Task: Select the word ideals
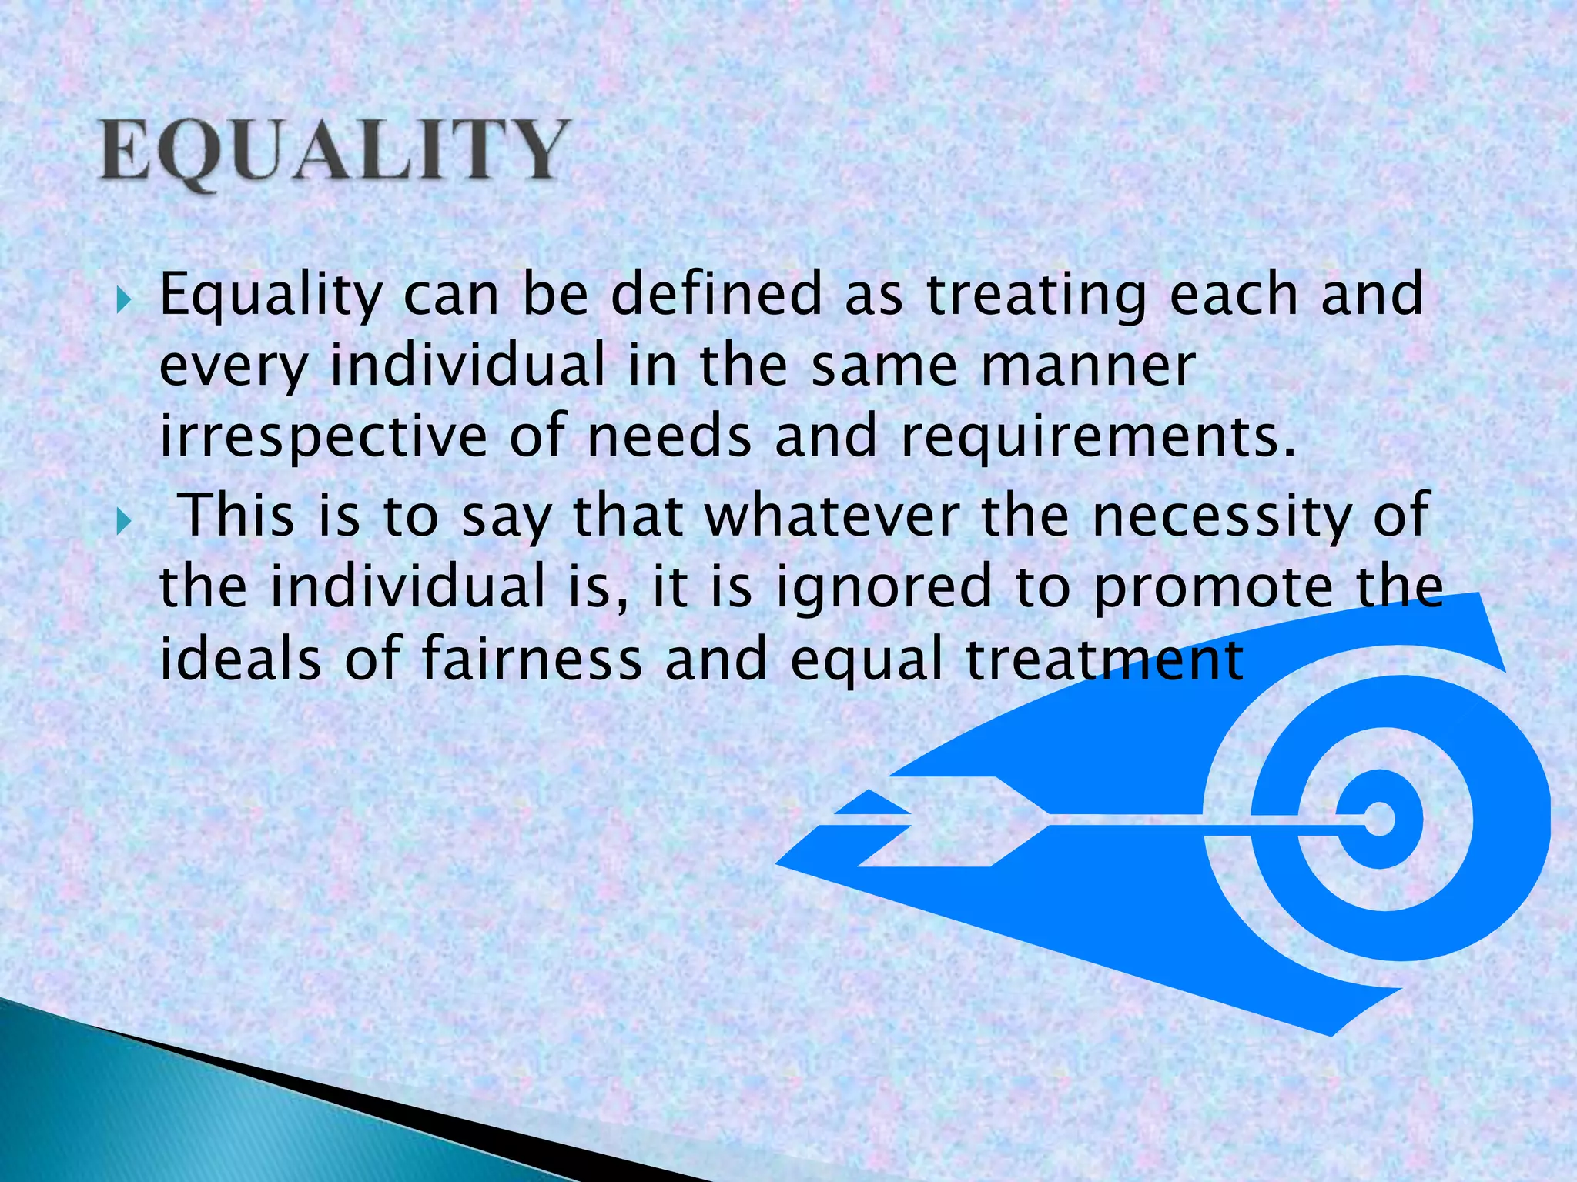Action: [239, 660]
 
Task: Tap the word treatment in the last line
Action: [1105, 660]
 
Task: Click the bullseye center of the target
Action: [1379, 820]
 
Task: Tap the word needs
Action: [668, 437]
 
